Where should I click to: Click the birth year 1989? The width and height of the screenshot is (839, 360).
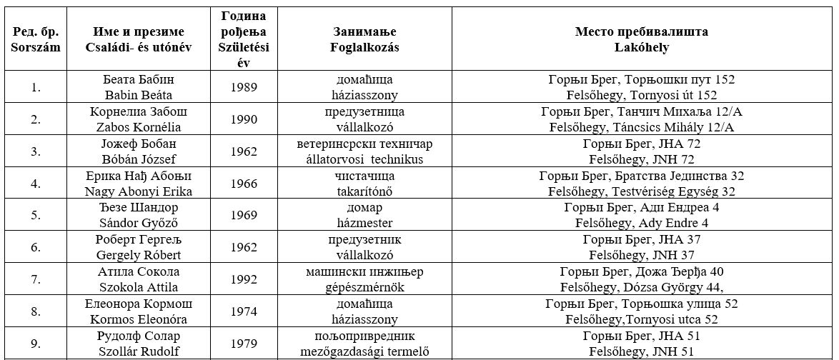244,87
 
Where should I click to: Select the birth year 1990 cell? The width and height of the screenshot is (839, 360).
244,119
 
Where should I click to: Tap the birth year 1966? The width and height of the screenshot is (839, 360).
244,184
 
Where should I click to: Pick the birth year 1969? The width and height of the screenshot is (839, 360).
244,215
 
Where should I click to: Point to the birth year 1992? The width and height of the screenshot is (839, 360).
244,279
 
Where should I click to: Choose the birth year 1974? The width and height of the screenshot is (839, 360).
244,311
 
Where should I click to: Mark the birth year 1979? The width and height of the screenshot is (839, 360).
244,344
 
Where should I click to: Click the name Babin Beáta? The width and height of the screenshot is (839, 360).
139,95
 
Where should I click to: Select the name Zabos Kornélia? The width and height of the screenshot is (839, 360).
139,127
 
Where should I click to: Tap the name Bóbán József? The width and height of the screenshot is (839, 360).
139,159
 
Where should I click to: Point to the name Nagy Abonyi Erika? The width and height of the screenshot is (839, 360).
139,191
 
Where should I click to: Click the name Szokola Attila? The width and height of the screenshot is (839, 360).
139,287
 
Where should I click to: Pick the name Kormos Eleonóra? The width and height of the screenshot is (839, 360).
139,319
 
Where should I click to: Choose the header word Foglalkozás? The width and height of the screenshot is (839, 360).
364,48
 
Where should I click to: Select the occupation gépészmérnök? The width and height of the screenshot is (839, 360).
364,287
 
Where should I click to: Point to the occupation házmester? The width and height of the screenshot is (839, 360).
364,223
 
